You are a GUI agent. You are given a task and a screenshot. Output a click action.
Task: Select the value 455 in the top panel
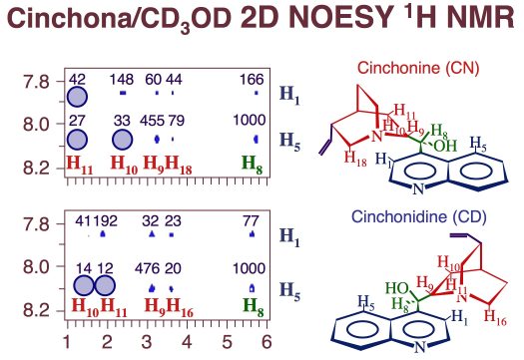click(152, 121)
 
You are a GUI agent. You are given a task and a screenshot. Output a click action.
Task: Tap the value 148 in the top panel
click(122, 80)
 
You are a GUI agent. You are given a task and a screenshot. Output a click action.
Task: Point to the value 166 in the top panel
click(252, 80)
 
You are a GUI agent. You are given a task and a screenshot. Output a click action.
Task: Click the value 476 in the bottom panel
click(147, 268)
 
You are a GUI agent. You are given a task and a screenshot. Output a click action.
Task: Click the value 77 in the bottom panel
click(251, 221)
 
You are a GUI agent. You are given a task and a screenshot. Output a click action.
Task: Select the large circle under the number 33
click(123, 140)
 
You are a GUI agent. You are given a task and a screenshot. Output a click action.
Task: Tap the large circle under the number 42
click(77, 97)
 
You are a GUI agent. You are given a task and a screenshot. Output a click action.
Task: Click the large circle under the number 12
click(105, 286)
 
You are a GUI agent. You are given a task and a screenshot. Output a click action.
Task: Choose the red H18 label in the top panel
click(179, 166)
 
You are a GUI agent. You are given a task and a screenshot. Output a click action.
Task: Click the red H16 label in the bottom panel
click(180, 307)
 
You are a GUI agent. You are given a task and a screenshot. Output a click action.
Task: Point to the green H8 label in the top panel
click(252, 166)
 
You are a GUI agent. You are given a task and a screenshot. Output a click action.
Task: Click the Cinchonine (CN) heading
click(418, 68)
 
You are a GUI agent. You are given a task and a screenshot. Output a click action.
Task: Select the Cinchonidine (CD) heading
click(419, 216)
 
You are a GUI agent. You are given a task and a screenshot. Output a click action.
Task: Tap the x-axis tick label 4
click(187, 342)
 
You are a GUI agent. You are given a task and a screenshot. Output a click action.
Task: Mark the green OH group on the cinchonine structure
click(445, 146)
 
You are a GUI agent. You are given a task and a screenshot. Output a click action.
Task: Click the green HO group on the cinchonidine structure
click(397, 288)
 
